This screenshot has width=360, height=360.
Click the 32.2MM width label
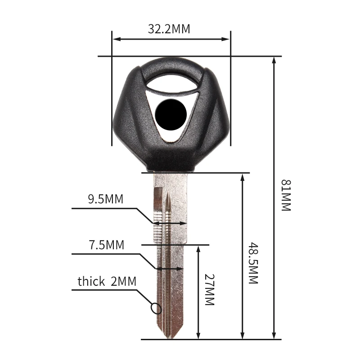[169, 29]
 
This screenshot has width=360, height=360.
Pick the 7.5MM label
[106, 245]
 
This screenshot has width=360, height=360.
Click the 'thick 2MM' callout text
[107, 282]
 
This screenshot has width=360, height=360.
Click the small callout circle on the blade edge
[156, 309]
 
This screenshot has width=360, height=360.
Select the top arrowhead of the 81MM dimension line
[274, 60]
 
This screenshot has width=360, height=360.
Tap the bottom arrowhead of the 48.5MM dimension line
[243, 336]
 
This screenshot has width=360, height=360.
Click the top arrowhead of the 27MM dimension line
[198, 249]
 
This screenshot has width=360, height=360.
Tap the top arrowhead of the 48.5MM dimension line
[243, 177]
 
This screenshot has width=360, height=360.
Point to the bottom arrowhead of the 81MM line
[274, 336]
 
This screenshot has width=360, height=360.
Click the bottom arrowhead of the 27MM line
[198, 336]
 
